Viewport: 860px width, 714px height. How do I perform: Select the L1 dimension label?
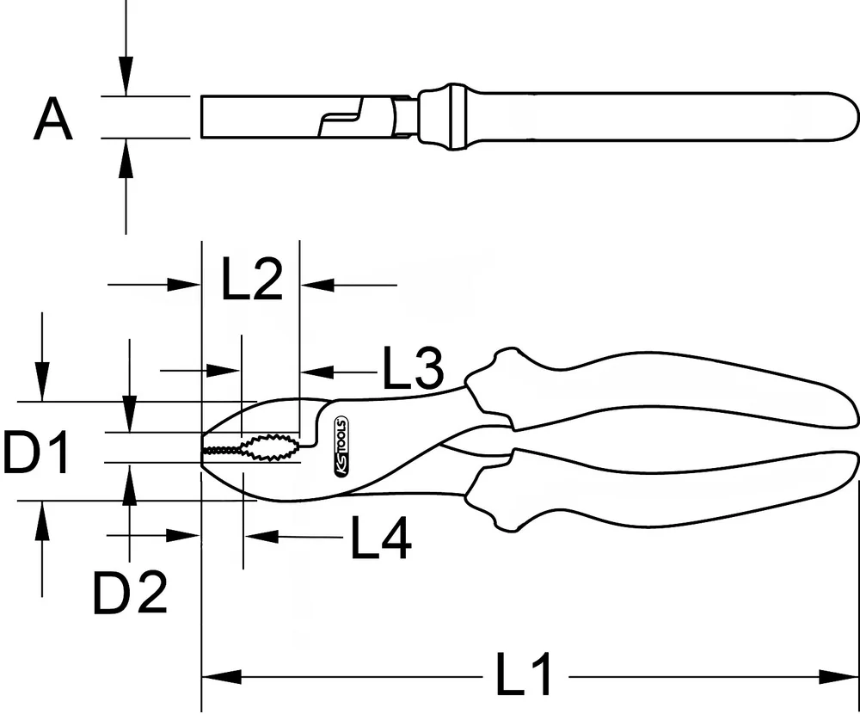(525, 676)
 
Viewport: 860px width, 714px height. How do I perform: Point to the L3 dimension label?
(412, 369)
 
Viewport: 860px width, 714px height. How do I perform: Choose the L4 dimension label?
(380, 539)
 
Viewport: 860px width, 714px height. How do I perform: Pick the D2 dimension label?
(130, 593)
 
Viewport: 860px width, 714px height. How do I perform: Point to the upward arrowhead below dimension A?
(126, 155)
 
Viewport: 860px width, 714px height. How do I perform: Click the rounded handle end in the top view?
(838, 117)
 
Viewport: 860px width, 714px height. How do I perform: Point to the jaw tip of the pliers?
(206, 449)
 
